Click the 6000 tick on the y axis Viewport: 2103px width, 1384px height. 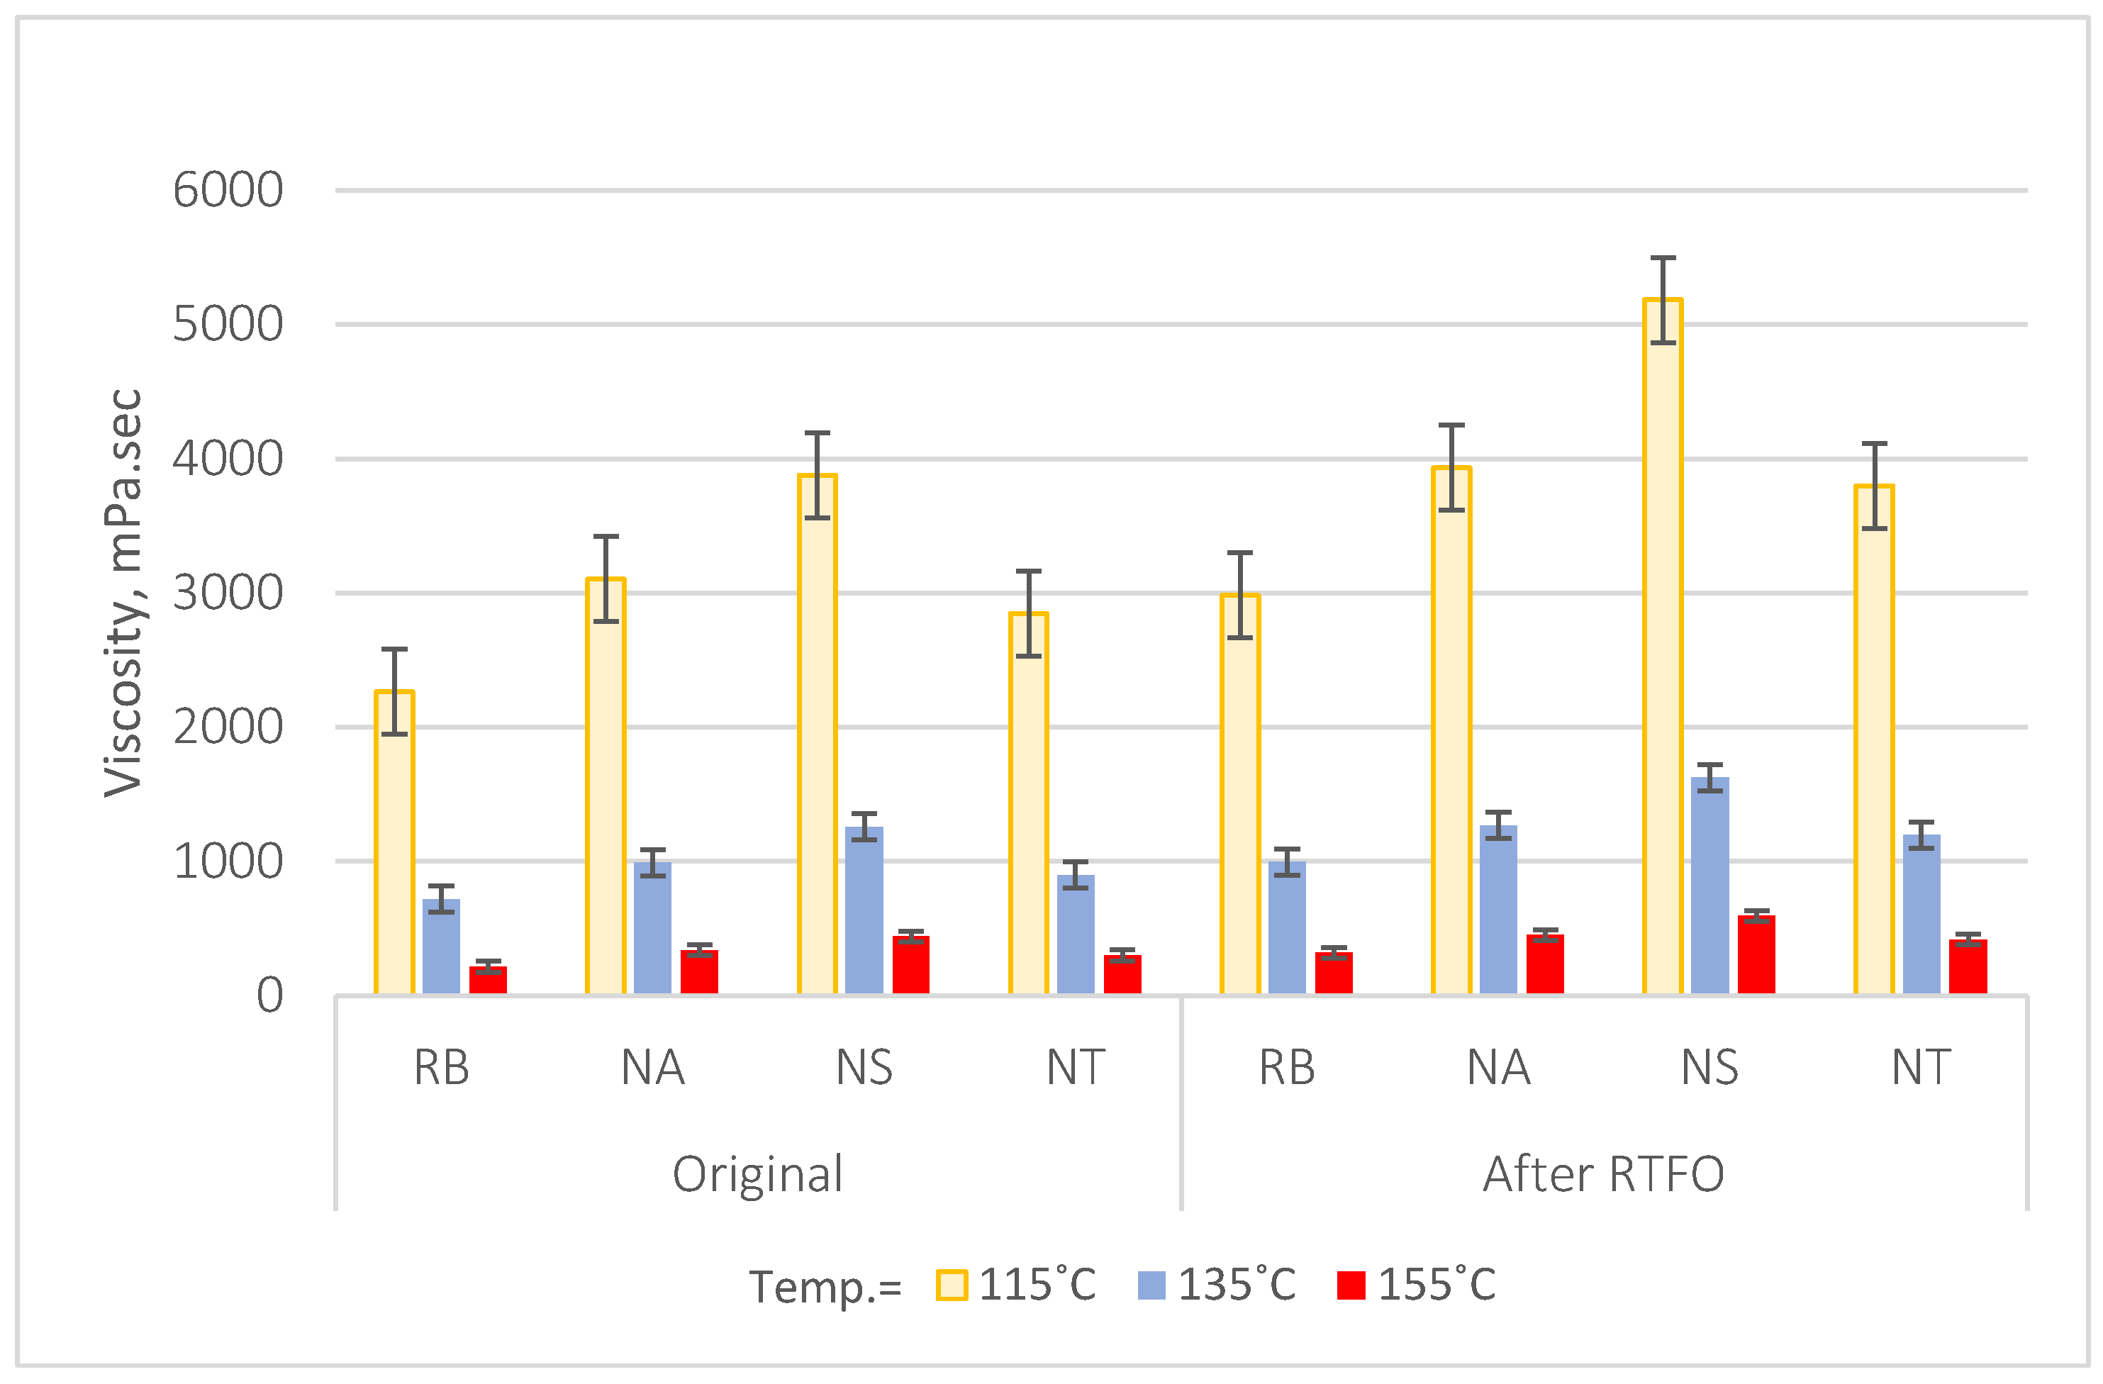[x=228, y=190]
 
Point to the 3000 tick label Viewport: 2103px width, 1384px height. [x=228, y=593]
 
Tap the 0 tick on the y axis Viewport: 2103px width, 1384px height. [x=269, y=996]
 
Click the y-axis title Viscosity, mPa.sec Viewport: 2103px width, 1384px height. [x=123, y=593]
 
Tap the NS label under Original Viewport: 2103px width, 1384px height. [x=864, y=1068]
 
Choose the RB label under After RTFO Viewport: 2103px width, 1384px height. [x=1286, y=1068]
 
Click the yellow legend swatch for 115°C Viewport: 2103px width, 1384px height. [x=952, y=1285]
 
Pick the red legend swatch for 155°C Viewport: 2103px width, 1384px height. [x=1351, y=1285]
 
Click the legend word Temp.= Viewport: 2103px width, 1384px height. [x=825, y=1287]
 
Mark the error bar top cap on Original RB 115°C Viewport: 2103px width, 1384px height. [x=394, y=649]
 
